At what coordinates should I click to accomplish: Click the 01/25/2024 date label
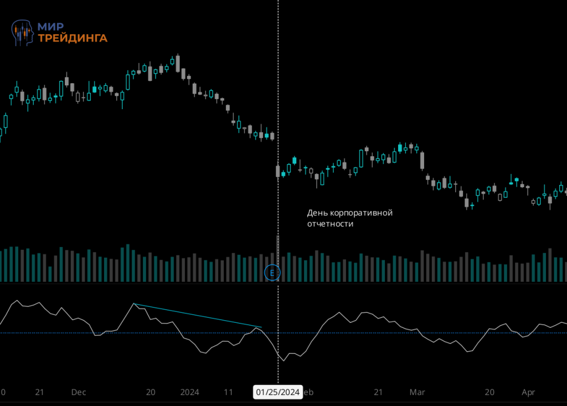click(x=278, y=393)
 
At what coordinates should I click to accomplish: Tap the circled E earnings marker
click(x=272, y=273)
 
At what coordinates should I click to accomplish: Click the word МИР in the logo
click(x=50, y=27)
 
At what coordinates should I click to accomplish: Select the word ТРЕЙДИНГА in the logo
click(x=72, y=38)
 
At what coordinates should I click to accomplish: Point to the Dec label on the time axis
click(x=79, y=392)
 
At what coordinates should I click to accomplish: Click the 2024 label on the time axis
click(x=190, y=392)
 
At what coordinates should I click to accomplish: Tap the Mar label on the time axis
click(x=416, y=392)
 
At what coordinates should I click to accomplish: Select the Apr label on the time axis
click(x=529, y=392)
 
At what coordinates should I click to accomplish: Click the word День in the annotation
click(x=317, y=213)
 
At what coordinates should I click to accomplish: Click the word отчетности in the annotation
click(x=330, y=224)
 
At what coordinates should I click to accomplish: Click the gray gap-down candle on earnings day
click(x=278, y=171)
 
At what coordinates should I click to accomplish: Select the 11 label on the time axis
click(x=228, y=392)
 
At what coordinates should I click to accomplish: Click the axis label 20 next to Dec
click(x=150, y=392)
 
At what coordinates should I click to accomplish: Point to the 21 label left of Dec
click(x=39, y=392)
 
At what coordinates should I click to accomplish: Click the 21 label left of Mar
click(x=378, y=392)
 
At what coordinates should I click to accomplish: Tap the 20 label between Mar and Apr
click(x=489, y=392)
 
